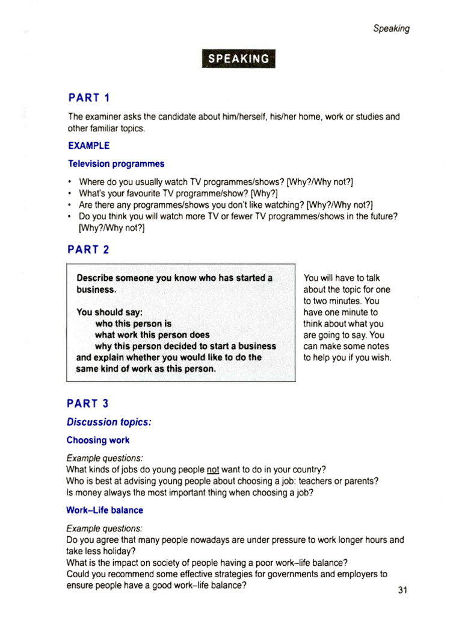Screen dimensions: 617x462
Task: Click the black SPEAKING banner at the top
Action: pyautogui.click(x=239, y=58)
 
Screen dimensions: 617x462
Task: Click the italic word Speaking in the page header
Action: pyautogui.click(x=391, y=28)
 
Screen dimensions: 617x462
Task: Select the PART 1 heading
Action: pyautogui.click(x=88, y=98)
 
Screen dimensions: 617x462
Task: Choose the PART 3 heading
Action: pyautogui.click(x=88, y=404)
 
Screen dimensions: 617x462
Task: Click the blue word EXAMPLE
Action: pyautogui.click(x=88, y=146)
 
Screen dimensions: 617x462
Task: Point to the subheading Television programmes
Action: pyautogui.click(x=115, y=163)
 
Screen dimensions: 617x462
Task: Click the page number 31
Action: pyautogui.click(x=403, y=590)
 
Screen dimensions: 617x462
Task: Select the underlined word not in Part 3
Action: pyautogui.click(x=214, y=469)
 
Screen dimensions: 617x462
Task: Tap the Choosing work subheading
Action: pyautogui.click(x=97, y=440)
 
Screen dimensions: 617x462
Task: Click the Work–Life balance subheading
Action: pyautogui.click(x=105, y=510)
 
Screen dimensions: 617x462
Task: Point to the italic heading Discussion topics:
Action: pyautogui.click(x=109, y=422)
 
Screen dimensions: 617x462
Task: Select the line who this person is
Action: pyautogui.click(x=133, y=324)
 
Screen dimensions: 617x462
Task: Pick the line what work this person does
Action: pyautogui.click(x=152, y=335)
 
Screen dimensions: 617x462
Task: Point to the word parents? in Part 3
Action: pyautogui.click(x=363, y=481)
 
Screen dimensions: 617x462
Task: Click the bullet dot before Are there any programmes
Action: pyautogui.click(x=70, y=204)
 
